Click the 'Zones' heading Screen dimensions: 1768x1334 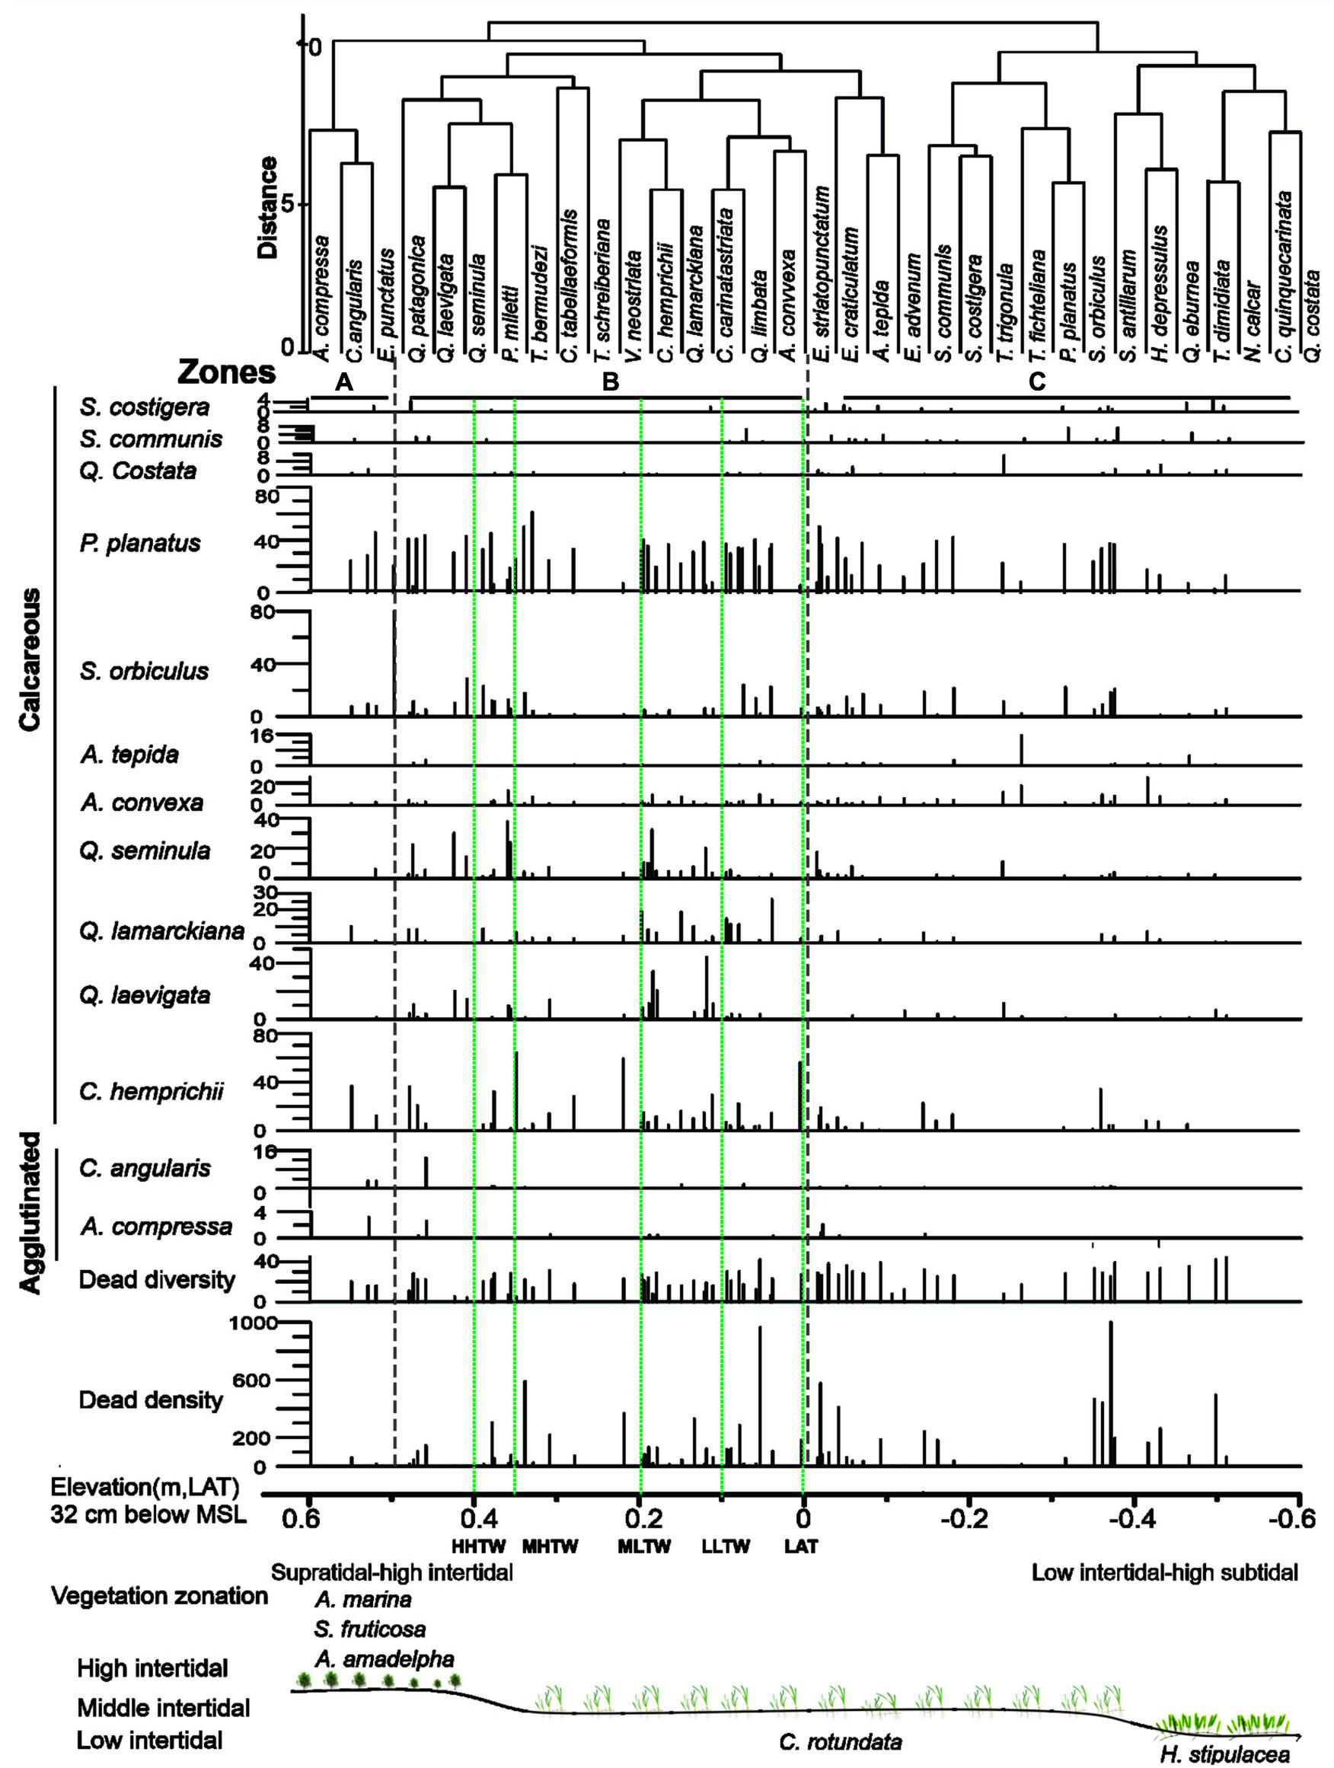(227, 372)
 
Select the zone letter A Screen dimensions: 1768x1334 (343, 383)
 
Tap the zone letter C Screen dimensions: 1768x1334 (1037, 383)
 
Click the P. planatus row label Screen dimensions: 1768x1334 (140, 544)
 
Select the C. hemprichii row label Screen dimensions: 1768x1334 (151, 1091)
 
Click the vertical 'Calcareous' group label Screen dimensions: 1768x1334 (30, 660)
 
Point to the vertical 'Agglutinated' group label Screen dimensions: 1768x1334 (30, 1211)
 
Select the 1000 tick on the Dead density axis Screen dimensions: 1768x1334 (253, 1323)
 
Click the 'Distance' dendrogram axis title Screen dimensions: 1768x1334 (270, 207)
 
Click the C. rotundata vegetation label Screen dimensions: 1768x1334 (840, 1736)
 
